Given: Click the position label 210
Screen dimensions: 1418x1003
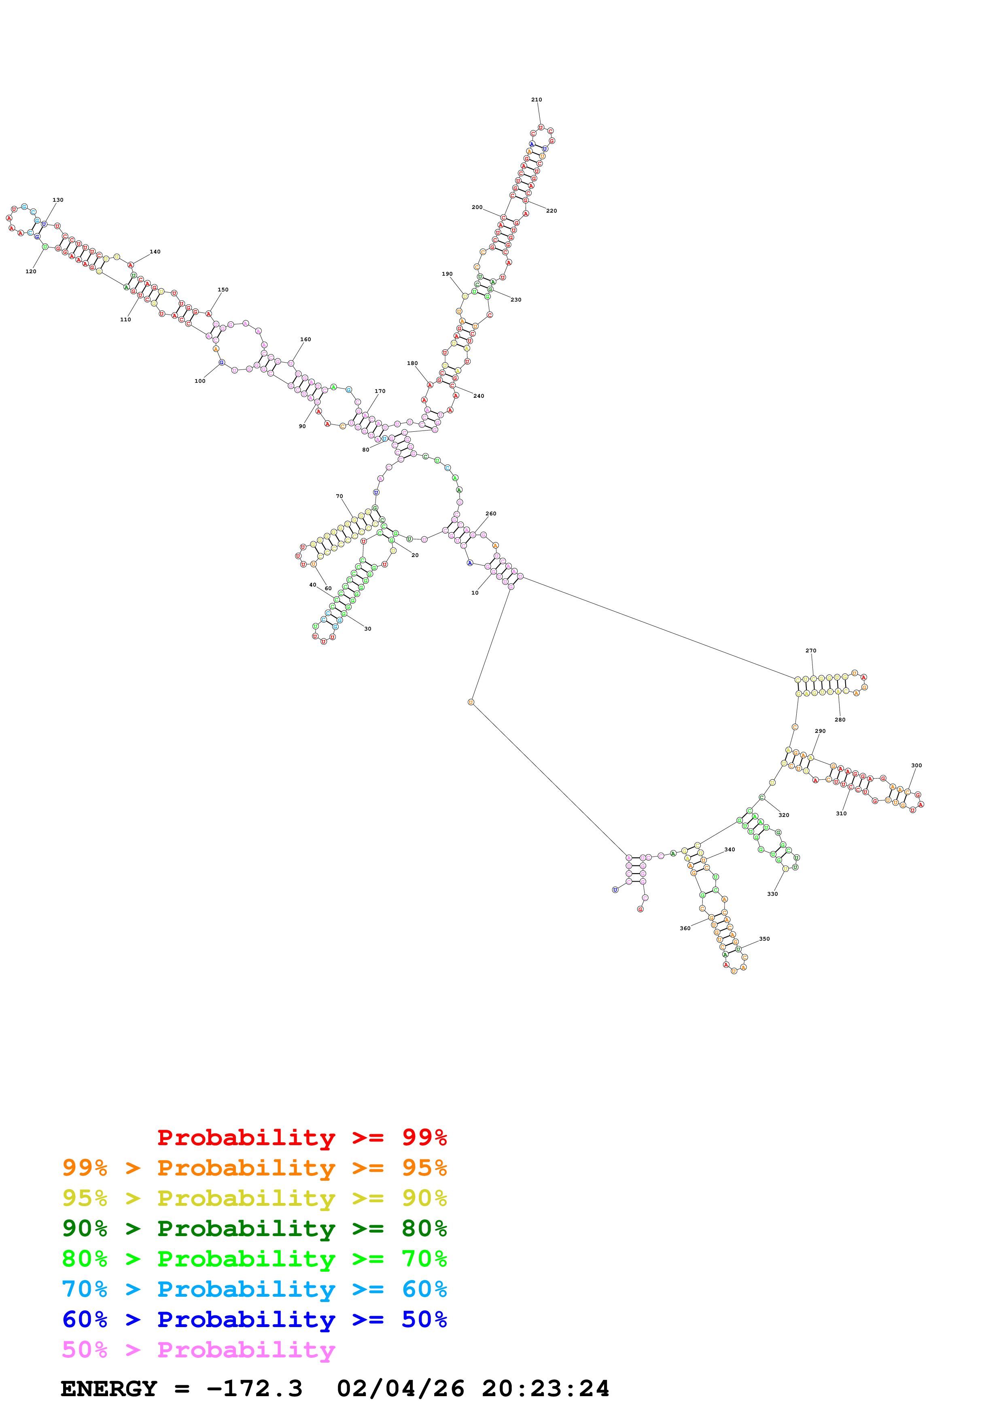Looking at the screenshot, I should click(x=536, y=99).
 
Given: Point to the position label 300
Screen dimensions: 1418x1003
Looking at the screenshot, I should click(x=916, y=765).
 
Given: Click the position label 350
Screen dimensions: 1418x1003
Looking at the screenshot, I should click(x=764, y=939).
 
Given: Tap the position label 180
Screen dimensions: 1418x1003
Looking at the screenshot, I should click(x=412, y=363).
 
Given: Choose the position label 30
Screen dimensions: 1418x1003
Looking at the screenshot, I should click(x=368, y=629).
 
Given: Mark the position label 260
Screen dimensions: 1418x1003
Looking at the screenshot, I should click(x=491, y=513).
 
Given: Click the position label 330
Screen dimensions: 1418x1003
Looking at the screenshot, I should click(x=772, y=894).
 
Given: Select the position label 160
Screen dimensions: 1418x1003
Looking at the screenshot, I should click(x=305, y=339).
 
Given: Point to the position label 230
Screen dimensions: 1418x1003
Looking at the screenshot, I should click(x=516, y=300).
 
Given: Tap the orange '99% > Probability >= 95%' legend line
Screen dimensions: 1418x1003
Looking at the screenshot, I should click(x=254, y=1168).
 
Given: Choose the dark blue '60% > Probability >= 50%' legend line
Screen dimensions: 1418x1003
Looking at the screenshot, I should click(x=254, y=1319).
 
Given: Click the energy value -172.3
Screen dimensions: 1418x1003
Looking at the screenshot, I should click(x=254, y=1388).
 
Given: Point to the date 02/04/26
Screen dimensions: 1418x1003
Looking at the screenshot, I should click(x=401, y=1388).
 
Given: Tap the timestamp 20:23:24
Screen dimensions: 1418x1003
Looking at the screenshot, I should click(x=546, y=1388).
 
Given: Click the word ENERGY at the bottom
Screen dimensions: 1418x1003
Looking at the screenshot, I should click(x=109, y=1388).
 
